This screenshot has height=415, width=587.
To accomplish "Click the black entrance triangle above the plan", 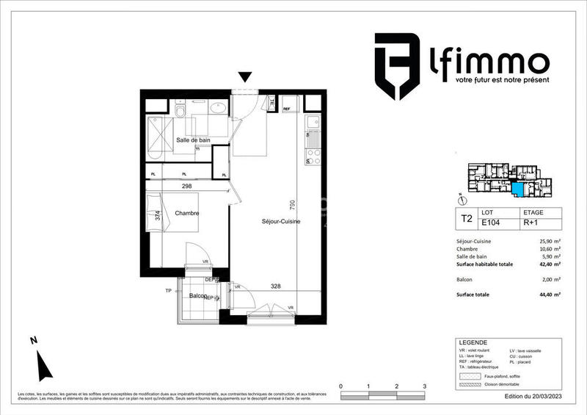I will [246, 76].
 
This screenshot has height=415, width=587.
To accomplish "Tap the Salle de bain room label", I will [192, 140].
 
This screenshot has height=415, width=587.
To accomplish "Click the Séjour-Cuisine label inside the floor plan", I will [282, 221].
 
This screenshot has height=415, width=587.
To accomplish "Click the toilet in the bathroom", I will [179, 110].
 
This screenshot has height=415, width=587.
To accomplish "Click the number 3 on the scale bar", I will [424, 386].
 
